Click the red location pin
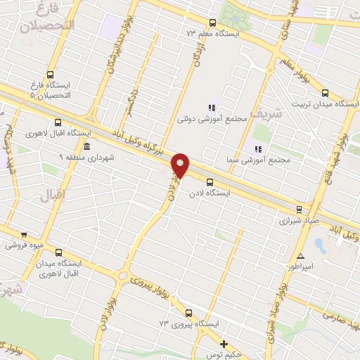coord(181,166)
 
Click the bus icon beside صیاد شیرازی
coord(300,209)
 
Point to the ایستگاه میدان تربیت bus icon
coord(325,92)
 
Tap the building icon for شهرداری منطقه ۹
coord(86,146)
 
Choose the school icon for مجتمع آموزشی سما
coord(258,149)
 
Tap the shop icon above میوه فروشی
coord(24,235)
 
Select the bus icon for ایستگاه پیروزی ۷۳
coord(188,312)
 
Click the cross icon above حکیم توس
coord(224,344)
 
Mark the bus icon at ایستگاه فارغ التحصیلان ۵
coord(49,74)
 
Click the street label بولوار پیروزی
coord(150,282)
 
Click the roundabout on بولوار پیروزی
coord(124,276)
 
